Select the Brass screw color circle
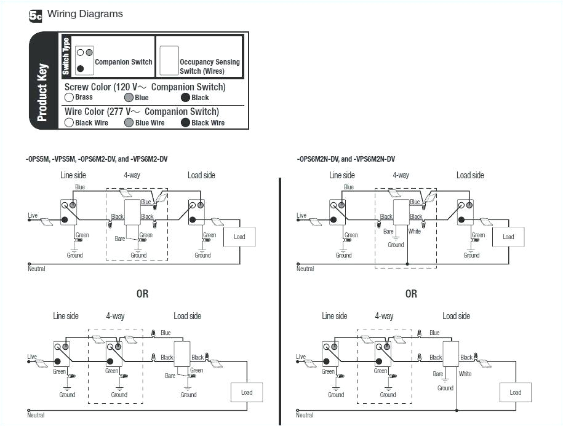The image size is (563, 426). coord(70,98)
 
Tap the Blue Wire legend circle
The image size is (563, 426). coord(129,123)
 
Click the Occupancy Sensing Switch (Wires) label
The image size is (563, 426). coord(209,66)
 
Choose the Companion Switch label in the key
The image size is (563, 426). coord(123,62)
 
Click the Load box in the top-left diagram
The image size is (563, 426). coord(239,237)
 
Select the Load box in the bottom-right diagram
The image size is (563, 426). coord(515,392)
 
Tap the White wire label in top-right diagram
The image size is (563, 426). coord(415,232)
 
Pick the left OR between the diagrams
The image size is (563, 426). coord(142,294)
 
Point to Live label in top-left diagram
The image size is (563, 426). coord(33,215)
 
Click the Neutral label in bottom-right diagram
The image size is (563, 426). coord(305,416)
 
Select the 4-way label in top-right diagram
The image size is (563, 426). coord(401,175)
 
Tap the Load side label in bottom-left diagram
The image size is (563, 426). coord(187,316)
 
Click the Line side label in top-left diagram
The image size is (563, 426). coord(73,175)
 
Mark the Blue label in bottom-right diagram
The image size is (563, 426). coord(434,333)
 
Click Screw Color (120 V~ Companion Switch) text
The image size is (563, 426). coord(145,87)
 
